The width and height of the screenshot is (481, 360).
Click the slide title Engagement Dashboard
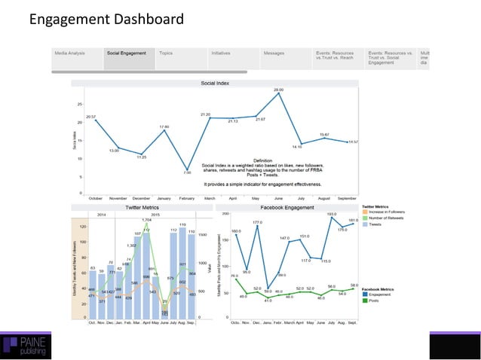coord(106,17)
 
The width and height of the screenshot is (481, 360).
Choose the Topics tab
coord(167,54)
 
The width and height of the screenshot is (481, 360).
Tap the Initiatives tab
coord(221,54)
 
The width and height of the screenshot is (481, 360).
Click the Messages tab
coord(274,54)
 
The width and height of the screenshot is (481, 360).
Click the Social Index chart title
coord(215,83)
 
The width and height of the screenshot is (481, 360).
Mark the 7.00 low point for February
coord(187,169)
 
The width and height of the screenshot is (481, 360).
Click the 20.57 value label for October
coord(91,117)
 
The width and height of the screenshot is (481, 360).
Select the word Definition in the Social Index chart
coord(262,160)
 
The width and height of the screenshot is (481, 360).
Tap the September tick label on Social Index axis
coord(348,197)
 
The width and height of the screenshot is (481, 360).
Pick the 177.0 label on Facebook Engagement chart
coord(258,224)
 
